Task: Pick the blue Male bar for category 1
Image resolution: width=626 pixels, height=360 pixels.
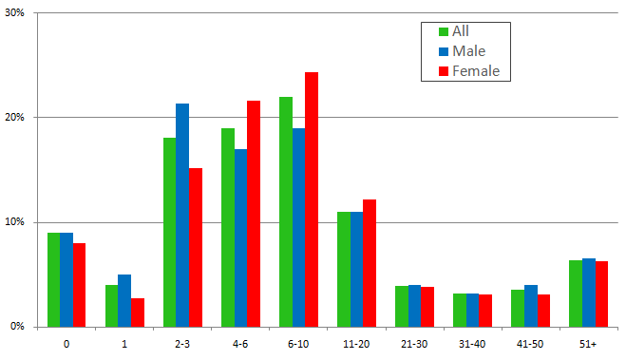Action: tap(124, 300)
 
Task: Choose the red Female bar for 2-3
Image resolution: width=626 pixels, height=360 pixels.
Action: tap(196, 247)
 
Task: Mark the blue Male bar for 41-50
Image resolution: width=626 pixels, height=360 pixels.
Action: tap(531, 306)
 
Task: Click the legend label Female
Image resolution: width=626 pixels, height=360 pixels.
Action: tap(475, 70)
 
